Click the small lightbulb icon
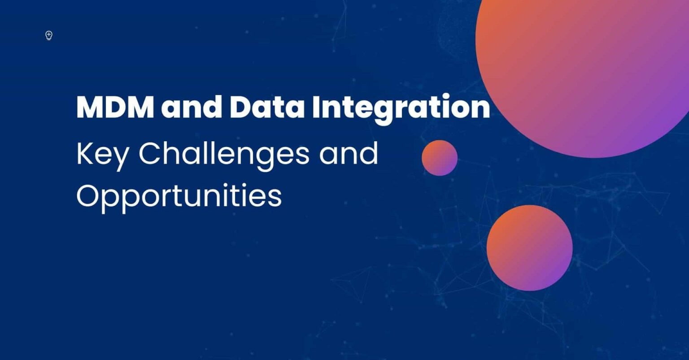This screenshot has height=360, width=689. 49,35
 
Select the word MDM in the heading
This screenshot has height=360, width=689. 115,107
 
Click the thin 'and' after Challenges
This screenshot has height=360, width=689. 349,154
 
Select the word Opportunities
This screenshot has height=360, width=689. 179,196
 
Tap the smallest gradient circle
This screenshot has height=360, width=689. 440,158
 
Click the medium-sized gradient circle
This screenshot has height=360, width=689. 529,248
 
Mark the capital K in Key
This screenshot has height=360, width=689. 84,154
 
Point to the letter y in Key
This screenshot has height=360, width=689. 120,158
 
